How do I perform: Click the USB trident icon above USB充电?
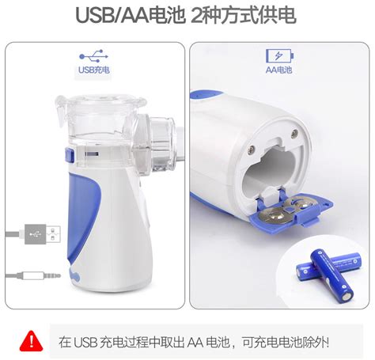[93, 57]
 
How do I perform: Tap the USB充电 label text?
[93, 70]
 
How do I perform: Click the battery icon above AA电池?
[278, 57]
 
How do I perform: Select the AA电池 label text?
[278, 70]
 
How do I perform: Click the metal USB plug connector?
[44, 234]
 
